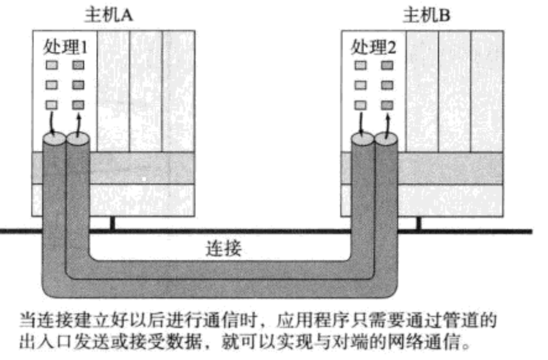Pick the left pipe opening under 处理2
click(x=363, y=138)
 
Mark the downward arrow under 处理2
click(x=361, y=121)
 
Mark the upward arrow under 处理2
click(x=388, y=121)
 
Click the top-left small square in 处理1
click(x=52, y=65)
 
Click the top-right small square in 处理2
click(x=387, y=65)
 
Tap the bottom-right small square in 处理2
click(x=387, y=105)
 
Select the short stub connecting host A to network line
click(x=113, y=224)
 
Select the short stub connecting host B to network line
click(x=418, y=224)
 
